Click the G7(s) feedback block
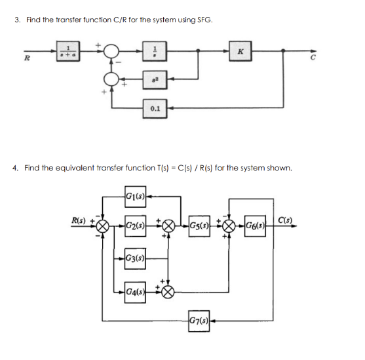tap(201, 321)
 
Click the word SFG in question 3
tap(204, 20)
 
